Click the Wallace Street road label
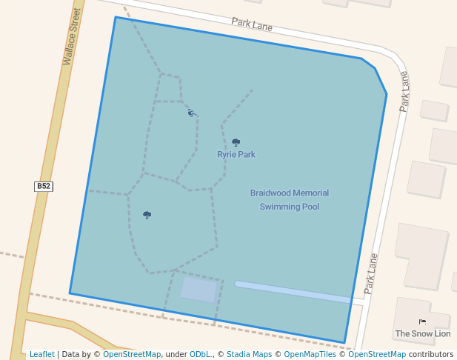[x=71, y=36]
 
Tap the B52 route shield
[x=44, y=186]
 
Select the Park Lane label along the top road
[x=252, y=25]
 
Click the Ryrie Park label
[x=236, y=155]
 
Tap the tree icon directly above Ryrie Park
[x=236, y=142]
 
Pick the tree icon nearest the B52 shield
[x=147, y=215]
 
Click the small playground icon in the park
[x=191, y=113]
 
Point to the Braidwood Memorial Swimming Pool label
[x=290, y=199]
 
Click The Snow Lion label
[x=422, y=333]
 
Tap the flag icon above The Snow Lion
[x=422, y=321]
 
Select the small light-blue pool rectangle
[x=199, y=290]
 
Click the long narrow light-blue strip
[x=293, y=292]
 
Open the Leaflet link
[x=41, y=354]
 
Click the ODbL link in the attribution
[x=200, y=354]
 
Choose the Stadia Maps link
[x=249, y=354]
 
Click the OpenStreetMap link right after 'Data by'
[x=131, y=354]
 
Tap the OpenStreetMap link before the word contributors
[x=377, y=354]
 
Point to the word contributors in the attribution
[x=431, y=354]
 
